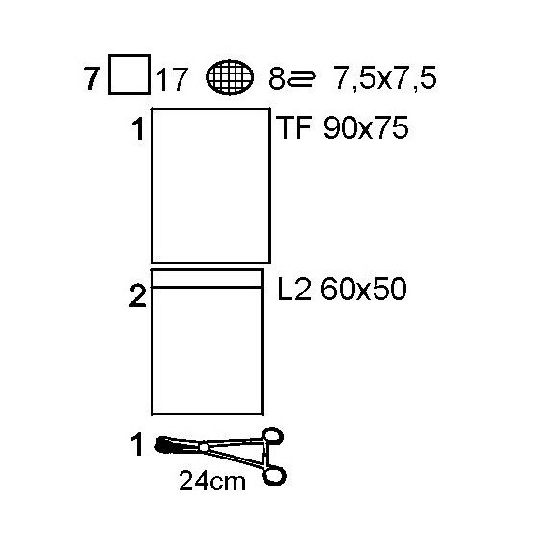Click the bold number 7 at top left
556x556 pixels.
91,78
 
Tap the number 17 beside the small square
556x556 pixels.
171,80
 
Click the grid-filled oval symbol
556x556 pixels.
230,77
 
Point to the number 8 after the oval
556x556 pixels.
277,78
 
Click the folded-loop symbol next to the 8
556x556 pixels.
301,78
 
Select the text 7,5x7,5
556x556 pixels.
385,78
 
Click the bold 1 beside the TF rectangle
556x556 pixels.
138,129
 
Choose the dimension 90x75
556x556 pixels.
366,127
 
